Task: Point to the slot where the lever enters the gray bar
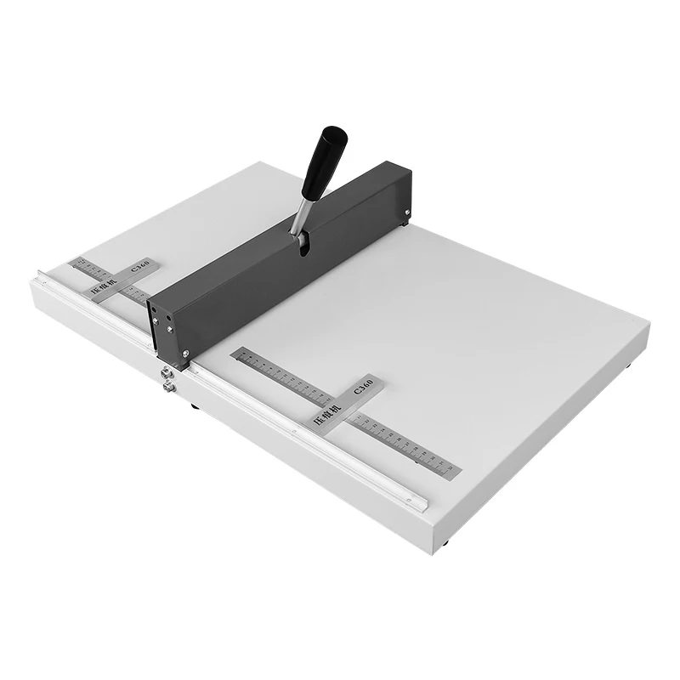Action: pyautogui.click(x=302, y=244)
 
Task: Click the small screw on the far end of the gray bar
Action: pyautogui.click(x=407, y=212)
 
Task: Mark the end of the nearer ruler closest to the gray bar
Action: pyautogui.click(x=238, y=353)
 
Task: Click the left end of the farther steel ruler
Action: pyautogui.click(x=76, y=261)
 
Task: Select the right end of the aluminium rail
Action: pyautogui.click(x=420, y=501)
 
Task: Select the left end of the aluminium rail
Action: pyautogui.click(x=40, y=275)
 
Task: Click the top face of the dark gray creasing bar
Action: pyautogui.click(x=280, y=229)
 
